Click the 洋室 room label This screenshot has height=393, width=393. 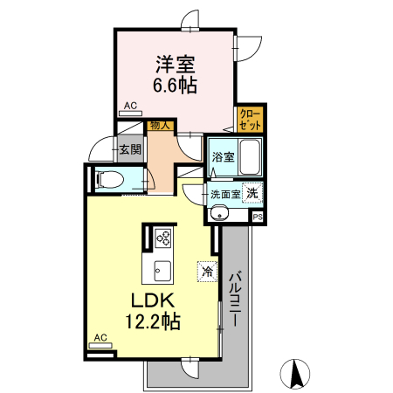(x=176, y=64)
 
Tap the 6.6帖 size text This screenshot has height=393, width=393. (x=175, y=86)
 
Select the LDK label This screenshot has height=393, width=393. (x=153, y=300)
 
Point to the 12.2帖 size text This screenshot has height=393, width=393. (x=153, y=321)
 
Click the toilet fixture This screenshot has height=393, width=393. (x=109, y=179)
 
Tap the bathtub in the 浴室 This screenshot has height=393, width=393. (x=250, y=157)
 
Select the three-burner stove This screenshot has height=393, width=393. (x=163, y=238)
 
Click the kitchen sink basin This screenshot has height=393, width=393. (x=162, y=271)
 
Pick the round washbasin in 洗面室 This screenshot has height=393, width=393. (x=219, y=214)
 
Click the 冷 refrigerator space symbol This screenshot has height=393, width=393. (x=208, y=272)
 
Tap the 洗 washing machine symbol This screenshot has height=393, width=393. (x=252, y=193)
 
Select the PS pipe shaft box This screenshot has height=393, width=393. (x=258, y=217)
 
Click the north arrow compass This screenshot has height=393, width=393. (x=295, y=374)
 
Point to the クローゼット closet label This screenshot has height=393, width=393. (x=250, y=120)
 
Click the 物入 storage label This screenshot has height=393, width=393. (x=160, y=126)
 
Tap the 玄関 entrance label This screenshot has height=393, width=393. (x=130, y=149)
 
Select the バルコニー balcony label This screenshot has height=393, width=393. (x=236, y=299)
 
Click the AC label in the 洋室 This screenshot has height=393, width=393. (x=130, y=106)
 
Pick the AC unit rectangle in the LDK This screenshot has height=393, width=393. (x=100, y=346)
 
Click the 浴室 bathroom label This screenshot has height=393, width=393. (x=223, y=157)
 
